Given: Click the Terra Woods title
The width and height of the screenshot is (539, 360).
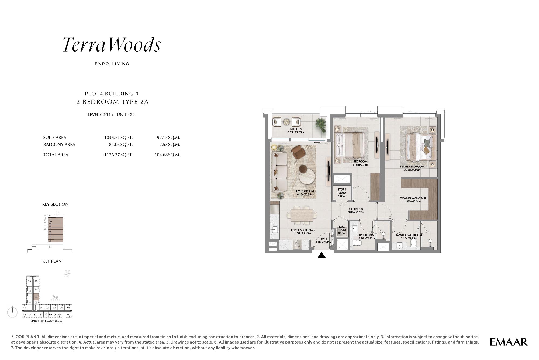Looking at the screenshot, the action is (112, 44).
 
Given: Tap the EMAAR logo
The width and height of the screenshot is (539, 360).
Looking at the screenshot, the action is (509, 342).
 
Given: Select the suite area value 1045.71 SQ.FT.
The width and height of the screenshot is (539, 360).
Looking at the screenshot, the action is (118, 138).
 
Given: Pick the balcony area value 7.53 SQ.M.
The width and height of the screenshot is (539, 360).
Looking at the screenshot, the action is (170, 145).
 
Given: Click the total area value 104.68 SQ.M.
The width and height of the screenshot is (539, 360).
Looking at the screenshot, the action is (167, 155).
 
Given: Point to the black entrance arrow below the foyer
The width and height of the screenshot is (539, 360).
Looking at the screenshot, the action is (322, 255).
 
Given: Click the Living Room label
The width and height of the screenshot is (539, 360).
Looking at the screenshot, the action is (305, 193).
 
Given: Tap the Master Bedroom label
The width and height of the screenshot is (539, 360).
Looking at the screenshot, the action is (412, 168).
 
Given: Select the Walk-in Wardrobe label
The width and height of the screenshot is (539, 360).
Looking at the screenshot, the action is (413, 199).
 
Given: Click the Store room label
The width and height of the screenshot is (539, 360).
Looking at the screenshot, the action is (342, 193).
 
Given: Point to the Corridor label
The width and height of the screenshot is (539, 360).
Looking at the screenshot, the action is (356, 210).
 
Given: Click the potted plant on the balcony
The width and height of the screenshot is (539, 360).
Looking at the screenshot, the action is (321, 125).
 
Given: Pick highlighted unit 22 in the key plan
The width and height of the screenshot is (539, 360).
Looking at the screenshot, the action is (36, 297).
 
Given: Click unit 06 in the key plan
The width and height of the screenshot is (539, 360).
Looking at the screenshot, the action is (68, 314).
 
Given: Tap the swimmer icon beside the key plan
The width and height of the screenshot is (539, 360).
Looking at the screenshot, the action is (55, 298).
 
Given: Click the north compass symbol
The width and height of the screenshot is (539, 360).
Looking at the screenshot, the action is (12, 312).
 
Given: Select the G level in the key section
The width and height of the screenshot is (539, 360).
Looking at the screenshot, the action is (50, 247).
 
